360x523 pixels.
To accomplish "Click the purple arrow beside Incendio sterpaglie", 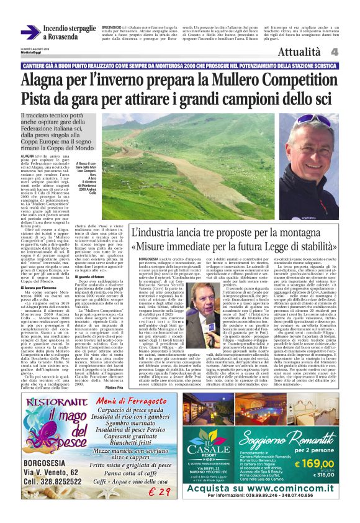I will tap(30, 32).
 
